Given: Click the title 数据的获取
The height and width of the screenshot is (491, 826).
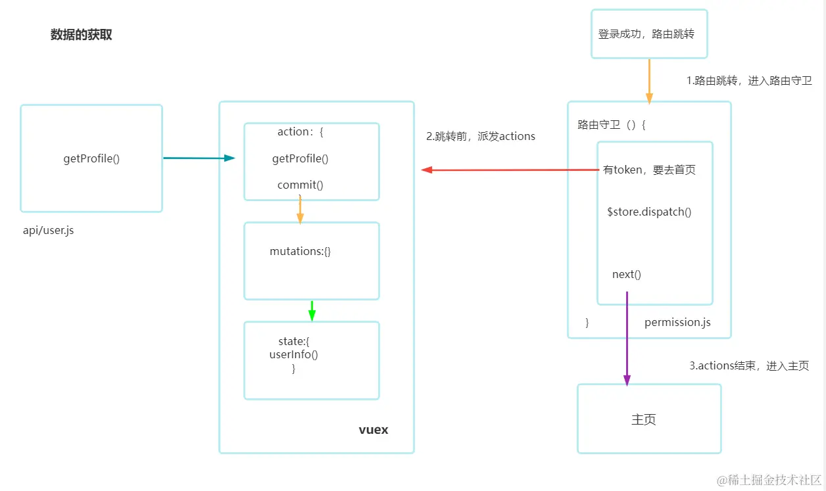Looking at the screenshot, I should (x=82, y=35).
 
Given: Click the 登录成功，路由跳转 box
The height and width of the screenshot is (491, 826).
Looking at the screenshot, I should (x=648, y=34).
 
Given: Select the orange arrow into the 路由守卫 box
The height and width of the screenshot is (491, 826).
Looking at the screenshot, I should (x=649, y=80).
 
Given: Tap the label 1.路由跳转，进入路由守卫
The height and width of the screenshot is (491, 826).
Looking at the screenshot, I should (x=749, y=81).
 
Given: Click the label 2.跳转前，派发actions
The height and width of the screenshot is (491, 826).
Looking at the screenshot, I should (x=481, y=137).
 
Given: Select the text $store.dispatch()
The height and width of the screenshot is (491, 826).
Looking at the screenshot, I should (x=649, y=212).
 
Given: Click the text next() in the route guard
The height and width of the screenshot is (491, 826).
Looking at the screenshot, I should (x=626, y=274).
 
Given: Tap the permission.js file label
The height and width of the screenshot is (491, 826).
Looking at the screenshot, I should (x=677, y=322).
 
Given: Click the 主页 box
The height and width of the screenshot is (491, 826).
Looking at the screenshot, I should (x=648, y=419).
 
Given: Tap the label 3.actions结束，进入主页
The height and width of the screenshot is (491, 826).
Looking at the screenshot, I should (x=748, y=366).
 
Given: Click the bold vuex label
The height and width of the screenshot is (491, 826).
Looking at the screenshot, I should (x=374, y=430).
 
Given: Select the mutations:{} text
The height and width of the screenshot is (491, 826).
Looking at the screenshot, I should (x=300, y=251).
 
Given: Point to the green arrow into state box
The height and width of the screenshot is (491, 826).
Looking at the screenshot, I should (x=312, y=310).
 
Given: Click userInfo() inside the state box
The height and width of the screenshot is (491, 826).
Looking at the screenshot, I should (x=293, y=355).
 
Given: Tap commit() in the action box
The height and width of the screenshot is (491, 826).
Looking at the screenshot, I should (x=300, y=185).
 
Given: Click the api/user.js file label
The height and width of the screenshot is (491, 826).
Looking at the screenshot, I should (x=49, y=231).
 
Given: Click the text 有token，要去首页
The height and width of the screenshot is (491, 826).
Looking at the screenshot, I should (x=649, y=170).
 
